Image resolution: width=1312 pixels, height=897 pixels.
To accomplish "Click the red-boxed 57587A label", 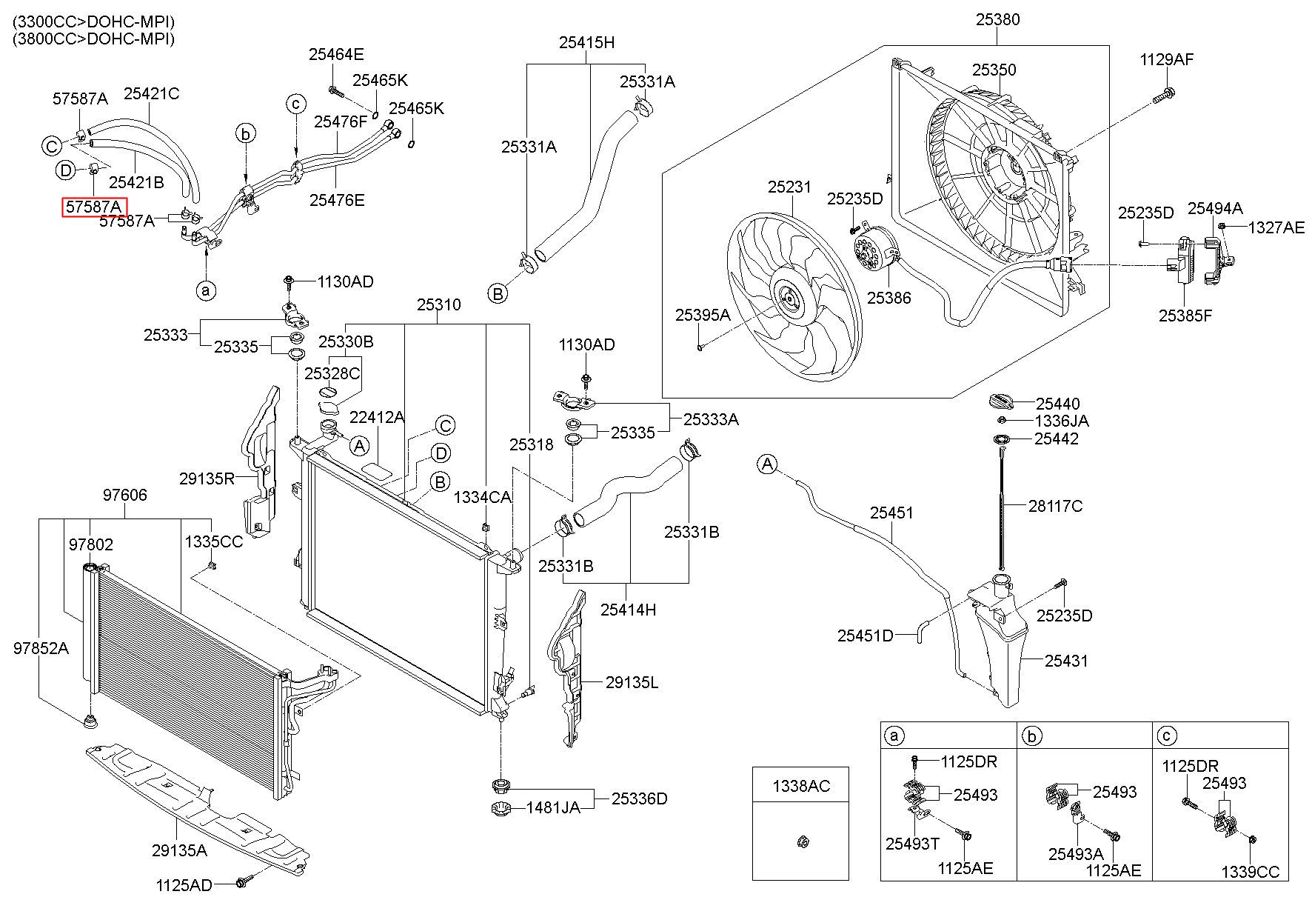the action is [94, 207].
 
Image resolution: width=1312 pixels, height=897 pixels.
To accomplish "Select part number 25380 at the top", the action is [997, 20].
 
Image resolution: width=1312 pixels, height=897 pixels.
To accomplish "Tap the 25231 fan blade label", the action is [789, 188].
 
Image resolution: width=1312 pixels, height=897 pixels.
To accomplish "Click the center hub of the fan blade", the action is [788, 301].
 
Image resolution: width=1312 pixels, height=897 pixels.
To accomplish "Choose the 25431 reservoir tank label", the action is [1066, 661].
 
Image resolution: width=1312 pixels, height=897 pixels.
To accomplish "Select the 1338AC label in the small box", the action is [800, 786].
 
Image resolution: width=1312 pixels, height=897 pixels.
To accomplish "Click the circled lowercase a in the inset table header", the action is [894, 736].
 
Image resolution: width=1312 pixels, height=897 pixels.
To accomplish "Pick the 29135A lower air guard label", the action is [180, 850].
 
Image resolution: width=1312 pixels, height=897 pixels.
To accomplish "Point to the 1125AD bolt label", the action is [184, 884].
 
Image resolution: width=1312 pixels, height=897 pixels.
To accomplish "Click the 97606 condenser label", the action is [124, 496].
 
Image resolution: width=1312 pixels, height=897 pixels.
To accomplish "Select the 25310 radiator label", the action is [438, 305].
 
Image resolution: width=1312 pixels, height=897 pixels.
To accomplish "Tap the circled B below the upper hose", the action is [498, 293].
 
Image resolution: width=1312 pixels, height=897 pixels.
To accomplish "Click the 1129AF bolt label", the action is [1167, 60].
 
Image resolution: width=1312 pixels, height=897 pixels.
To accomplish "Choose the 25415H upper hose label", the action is [586, 42].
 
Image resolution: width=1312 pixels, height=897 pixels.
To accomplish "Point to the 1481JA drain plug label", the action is [553, 807].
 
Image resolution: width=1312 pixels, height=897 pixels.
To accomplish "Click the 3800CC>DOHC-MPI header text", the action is [94, 39].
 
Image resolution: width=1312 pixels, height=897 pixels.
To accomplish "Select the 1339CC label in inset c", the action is [1250, 872].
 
